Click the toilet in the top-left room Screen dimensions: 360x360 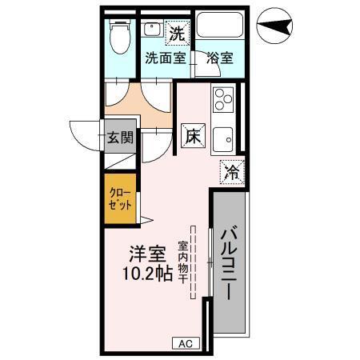click(121, 35)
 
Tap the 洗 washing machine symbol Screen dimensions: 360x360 click(176, 34)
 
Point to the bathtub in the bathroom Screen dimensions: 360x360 click(220, 25)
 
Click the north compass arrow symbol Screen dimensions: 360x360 click(277, 26)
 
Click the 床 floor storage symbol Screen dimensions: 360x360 click(194, 135)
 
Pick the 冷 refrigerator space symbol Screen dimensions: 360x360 click(231, 171)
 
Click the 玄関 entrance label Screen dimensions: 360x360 click(120, 137)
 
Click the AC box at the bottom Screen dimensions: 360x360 click(186, 343)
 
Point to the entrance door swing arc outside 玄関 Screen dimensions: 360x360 click(84, 136)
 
